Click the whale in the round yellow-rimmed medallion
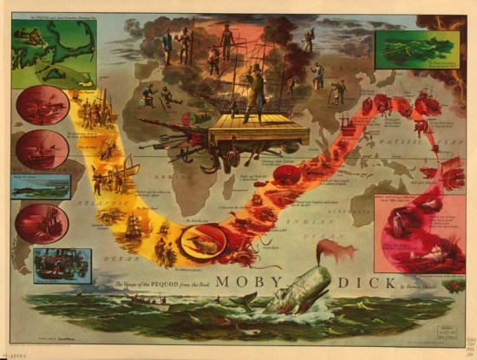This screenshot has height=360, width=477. point(202,240)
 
